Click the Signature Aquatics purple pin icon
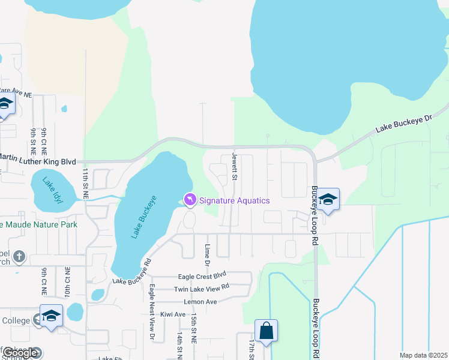point(190,199)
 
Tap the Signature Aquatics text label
point(235,200)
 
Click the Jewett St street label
point(235,167)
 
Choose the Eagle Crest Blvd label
point(202,277)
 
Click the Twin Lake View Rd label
point(202,288)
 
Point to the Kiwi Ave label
point(173,314)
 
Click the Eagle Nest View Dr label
point(152,312)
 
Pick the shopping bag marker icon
point(266,331)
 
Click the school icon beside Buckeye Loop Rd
point(328,199)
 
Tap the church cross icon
point(19,257)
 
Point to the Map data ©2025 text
point(423,355)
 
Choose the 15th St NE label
point(194,327)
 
